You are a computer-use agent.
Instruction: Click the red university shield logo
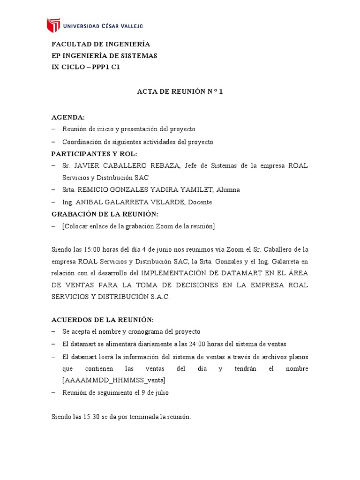pos(53,25)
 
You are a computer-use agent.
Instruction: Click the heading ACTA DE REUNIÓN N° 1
pos(180,92)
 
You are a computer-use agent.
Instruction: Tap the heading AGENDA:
pos(68,117)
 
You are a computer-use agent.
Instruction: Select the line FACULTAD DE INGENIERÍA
pos(100,44)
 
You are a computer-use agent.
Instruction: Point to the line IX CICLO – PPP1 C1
pos(86,67)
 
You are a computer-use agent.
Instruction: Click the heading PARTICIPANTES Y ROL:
pos(94,153)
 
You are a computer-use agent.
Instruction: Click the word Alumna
pos(227,190)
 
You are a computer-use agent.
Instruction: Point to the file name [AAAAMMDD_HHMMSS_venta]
pos(113,380)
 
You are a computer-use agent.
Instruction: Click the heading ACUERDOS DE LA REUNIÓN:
pos(102,319)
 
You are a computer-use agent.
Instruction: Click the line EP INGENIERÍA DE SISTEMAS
pos(104,55)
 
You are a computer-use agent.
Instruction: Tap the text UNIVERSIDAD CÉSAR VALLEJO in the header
pos(103,26)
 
